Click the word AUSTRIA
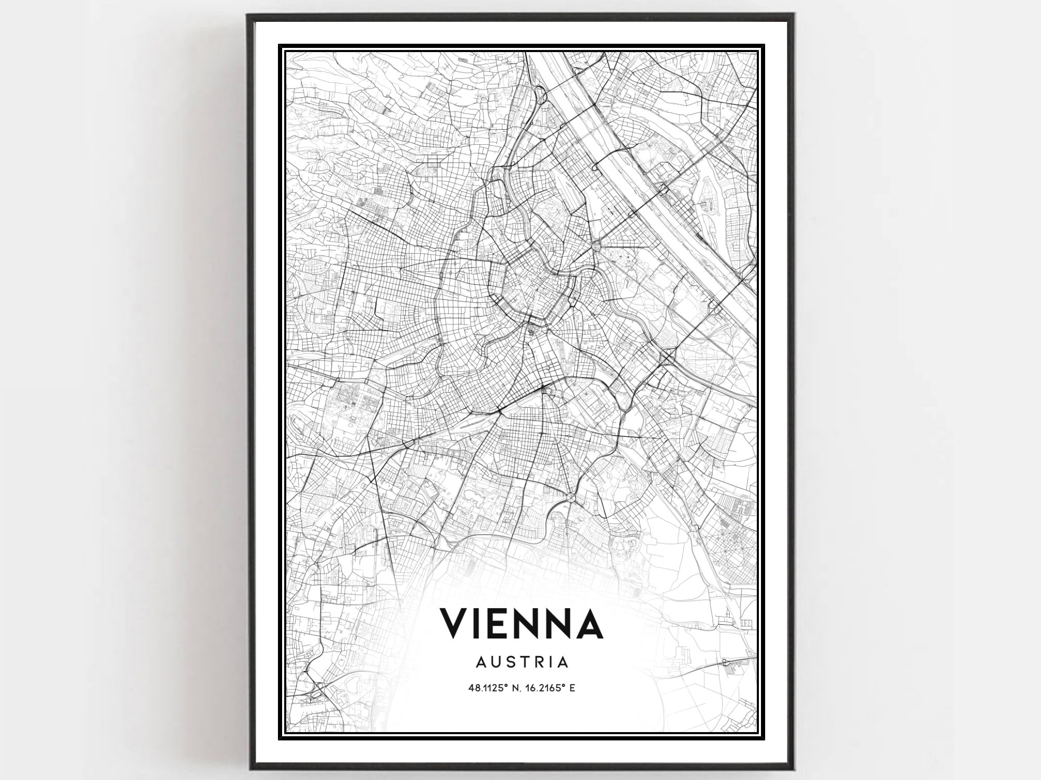(521, 662)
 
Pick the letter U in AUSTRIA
(497, 662)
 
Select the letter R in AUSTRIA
(541, 662)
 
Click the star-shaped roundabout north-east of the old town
(596, 245)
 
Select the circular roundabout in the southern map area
(572, 498)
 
